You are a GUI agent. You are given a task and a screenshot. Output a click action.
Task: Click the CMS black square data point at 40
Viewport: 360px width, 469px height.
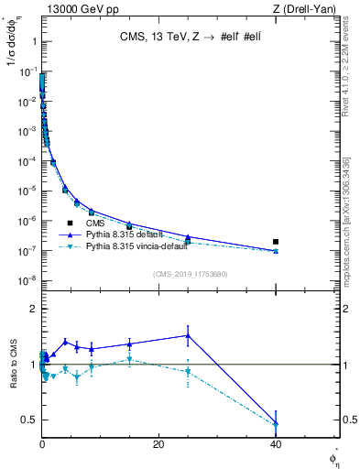coord(276,242)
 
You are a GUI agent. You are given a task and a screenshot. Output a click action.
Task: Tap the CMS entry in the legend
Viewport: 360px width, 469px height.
coord(95,223)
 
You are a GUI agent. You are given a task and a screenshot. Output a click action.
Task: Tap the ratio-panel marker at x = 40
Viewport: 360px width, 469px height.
coord(276,423)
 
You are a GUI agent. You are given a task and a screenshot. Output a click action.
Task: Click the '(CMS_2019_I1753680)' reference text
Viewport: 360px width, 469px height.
coord(190,274)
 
